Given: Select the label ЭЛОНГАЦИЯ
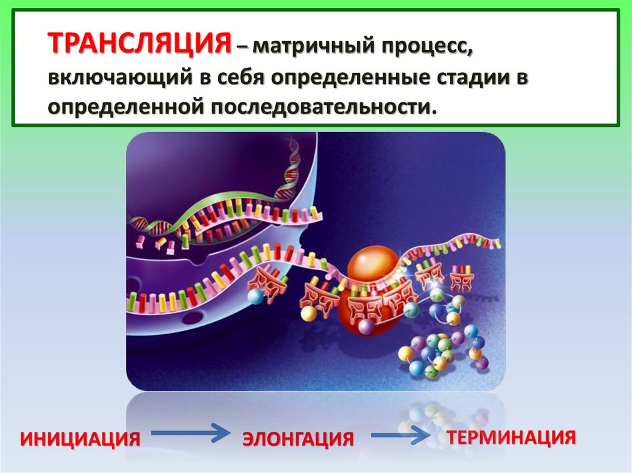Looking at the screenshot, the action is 298,439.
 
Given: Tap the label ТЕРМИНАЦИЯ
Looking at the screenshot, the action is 512,437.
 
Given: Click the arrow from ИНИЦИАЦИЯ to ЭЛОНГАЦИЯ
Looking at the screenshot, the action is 189,434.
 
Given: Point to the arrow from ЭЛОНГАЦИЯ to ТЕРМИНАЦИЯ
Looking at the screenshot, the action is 401,436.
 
